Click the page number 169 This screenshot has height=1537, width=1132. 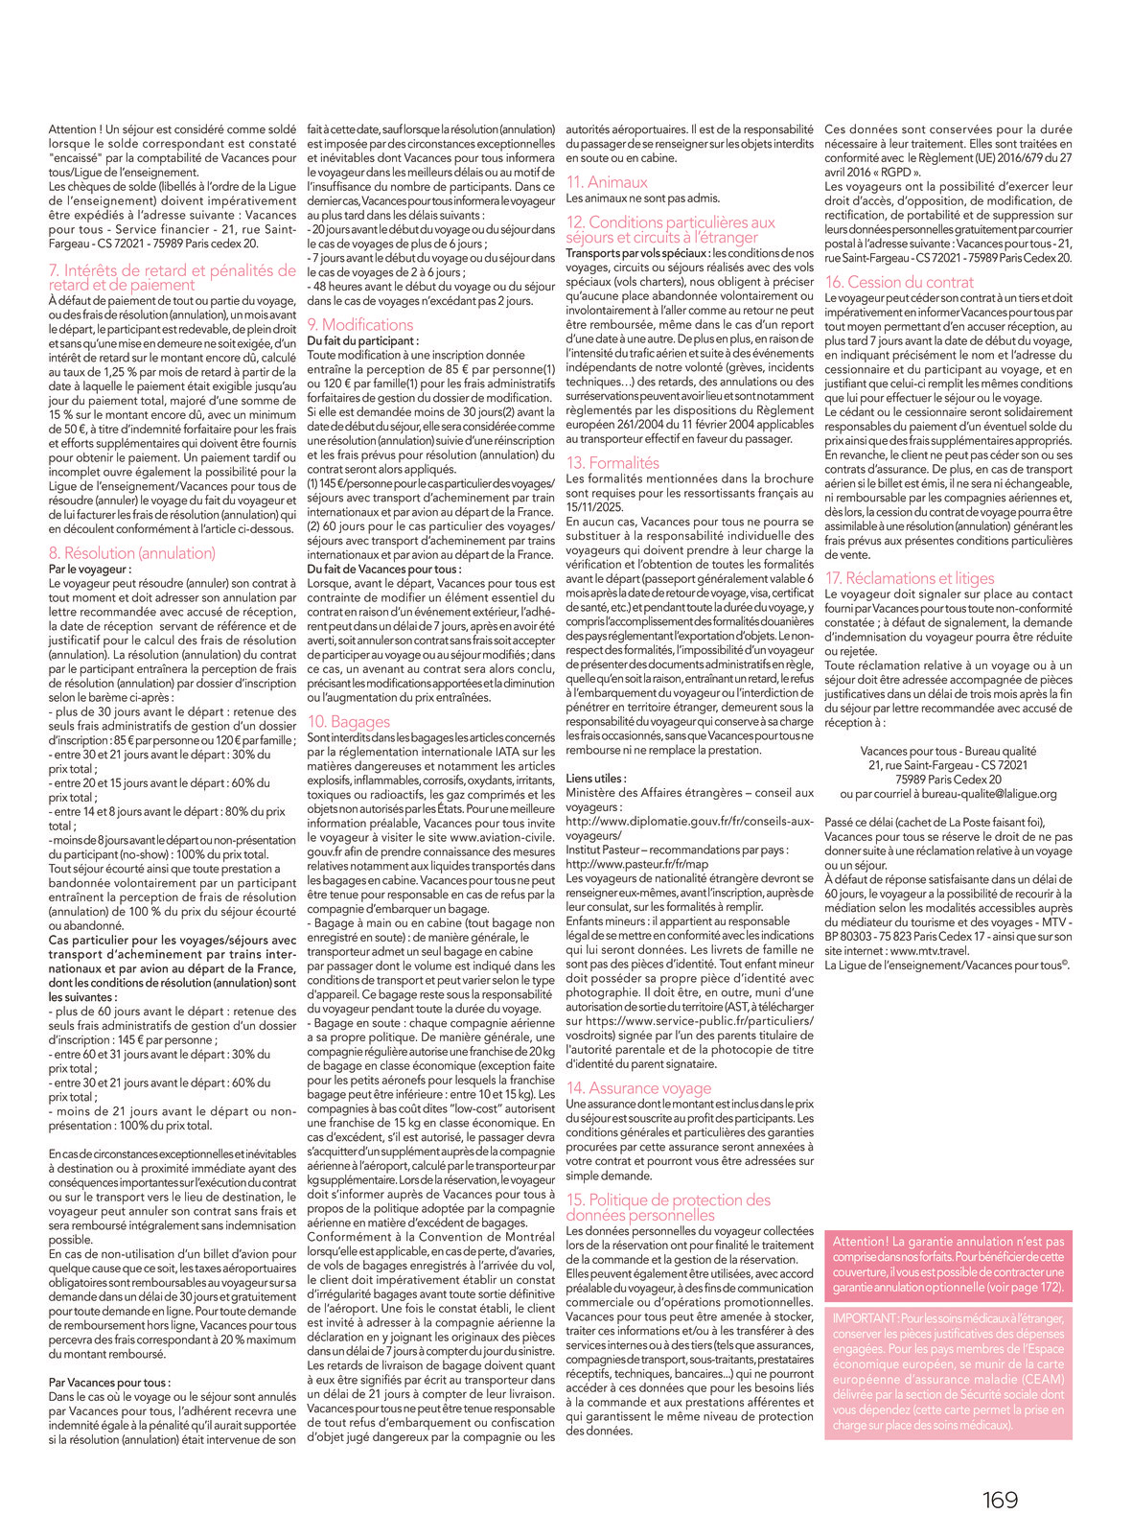[1000, 1500]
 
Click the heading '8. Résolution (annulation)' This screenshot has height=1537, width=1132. [132, 553]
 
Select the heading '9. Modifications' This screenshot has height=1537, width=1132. [360, 325]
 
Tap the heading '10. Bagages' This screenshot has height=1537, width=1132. [349, 722]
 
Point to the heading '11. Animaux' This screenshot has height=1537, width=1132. [607, 182]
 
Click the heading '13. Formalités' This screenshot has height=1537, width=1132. [612, 463]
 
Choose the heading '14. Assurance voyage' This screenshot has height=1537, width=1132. [638, 1088]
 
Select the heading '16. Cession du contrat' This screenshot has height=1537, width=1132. [899, 282]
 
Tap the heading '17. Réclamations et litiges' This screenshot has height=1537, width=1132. [910, 578]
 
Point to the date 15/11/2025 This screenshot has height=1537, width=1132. [593, 507]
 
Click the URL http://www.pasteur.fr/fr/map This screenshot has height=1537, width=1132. [637, 864]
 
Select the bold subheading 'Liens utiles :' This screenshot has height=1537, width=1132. [596, 779]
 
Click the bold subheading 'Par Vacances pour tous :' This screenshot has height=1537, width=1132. [110, 1383]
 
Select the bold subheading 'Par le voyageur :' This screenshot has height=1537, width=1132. [89, 570]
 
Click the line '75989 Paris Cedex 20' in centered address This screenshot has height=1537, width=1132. [948, 780]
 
